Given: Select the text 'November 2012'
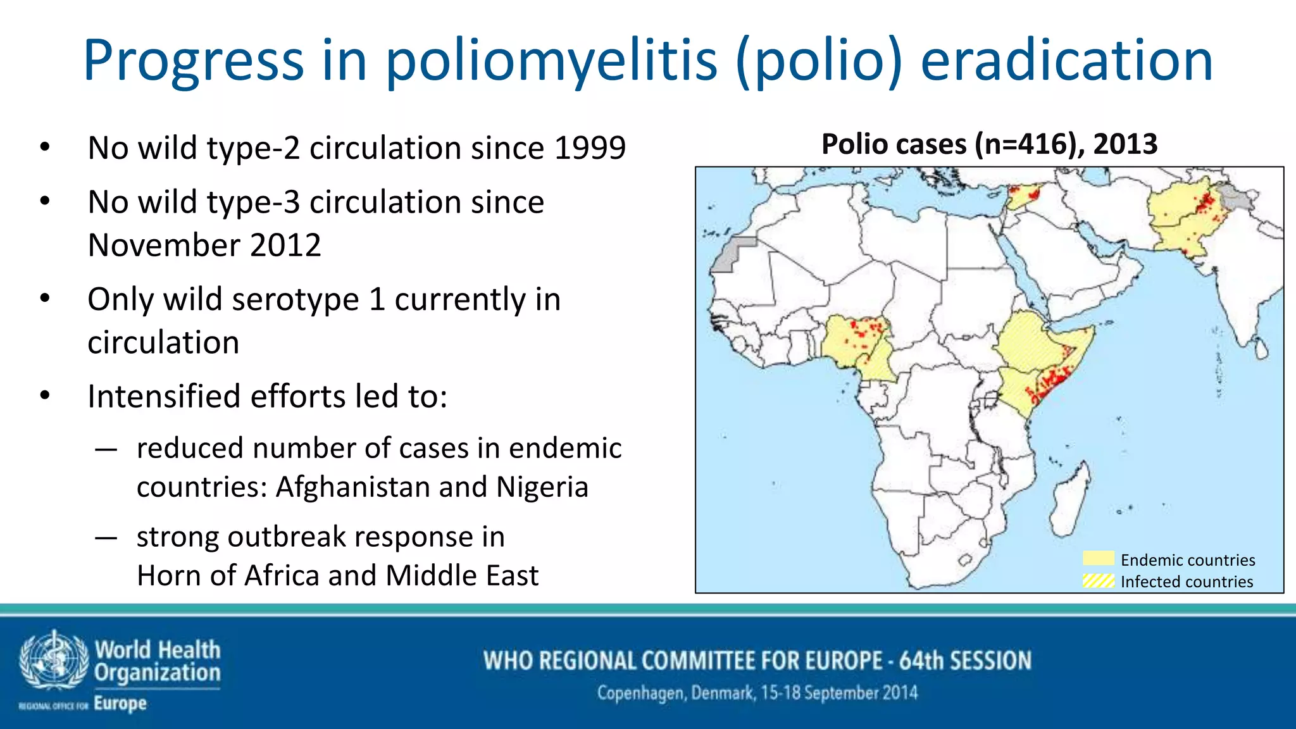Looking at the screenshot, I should pos(204,245).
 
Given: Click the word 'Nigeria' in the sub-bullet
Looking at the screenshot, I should pos(542,487).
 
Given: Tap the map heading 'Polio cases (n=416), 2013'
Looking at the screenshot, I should pos(989,144).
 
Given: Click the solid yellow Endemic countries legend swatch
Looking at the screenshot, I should pos(1098,559).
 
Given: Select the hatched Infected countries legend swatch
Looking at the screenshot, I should pos(1098,580).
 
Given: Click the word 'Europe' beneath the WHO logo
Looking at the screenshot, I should pos(120,703).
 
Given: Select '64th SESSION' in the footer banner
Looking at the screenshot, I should pos(965,661).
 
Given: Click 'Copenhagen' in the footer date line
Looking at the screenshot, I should pos(640,694).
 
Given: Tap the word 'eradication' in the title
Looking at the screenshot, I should pos(1066,61).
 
